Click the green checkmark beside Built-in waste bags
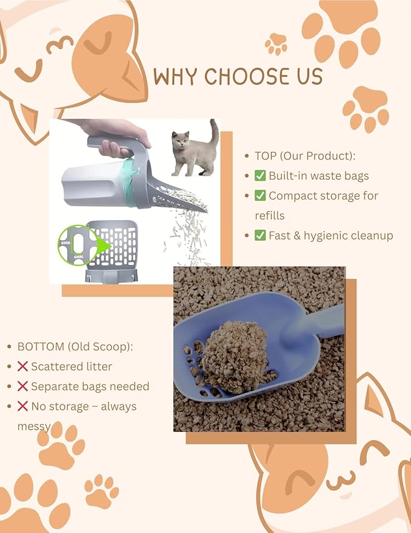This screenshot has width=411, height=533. pos(260,176)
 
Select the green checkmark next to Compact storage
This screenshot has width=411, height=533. pos(260,196)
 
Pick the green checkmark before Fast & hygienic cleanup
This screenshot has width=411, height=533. pos(260,235)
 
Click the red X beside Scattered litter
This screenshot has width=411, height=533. pos(23,366)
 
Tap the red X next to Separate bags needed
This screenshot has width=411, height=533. pos(23,386)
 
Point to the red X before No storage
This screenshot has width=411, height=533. pos(23,406)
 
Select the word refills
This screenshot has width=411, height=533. pos(270,215)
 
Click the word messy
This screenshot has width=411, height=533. pos(34,426)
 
